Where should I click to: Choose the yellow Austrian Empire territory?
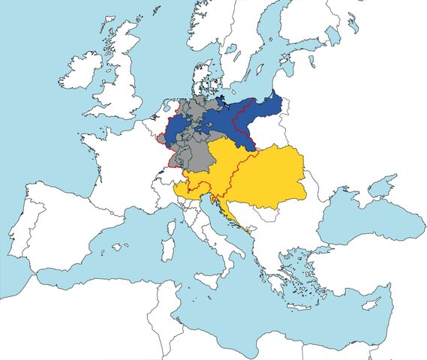coord(263,176)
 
